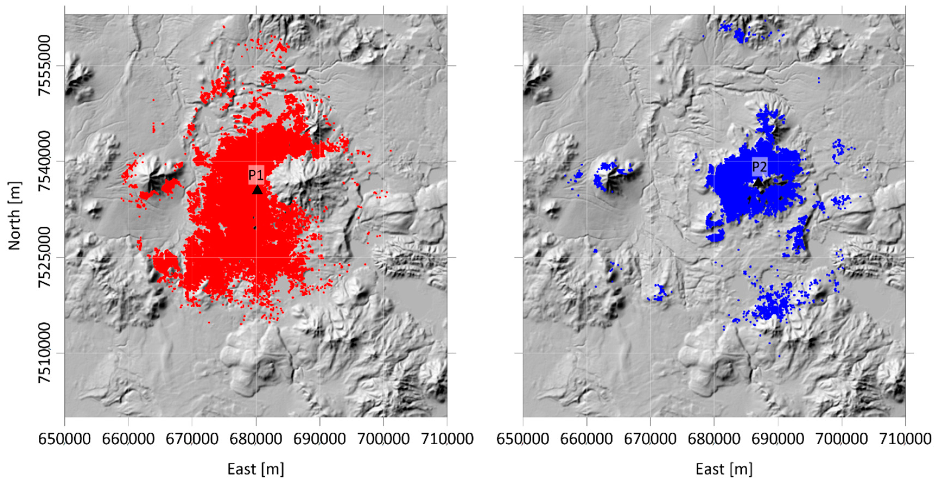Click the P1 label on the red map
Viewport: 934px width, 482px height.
click(256, 175)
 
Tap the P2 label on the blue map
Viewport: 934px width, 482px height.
click(759, 167)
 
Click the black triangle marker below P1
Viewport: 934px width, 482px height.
click(257, 189)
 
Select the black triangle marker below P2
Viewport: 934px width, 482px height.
click(758, 182)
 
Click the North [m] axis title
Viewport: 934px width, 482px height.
click(14, 216)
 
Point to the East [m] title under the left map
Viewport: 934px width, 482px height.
click(256, 469)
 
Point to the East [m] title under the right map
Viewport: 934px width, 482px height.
click(724, 469)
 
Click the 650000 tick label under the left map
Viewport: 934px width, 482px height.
click(65, 439)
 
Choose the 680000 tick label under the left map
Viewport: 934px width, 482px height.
click(256, 439)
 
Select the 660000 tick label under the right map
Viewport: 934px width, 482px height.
click(586, 439)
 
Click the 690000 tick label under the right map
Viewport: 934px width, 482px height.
click(777, 439)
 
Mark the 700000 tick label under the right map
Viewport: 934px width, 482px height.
click(841, 439)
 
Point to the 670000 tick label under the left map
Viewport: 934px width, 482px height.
click(192, 439)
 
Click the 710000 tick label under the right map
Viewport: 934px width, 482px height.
click(905, 439)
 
